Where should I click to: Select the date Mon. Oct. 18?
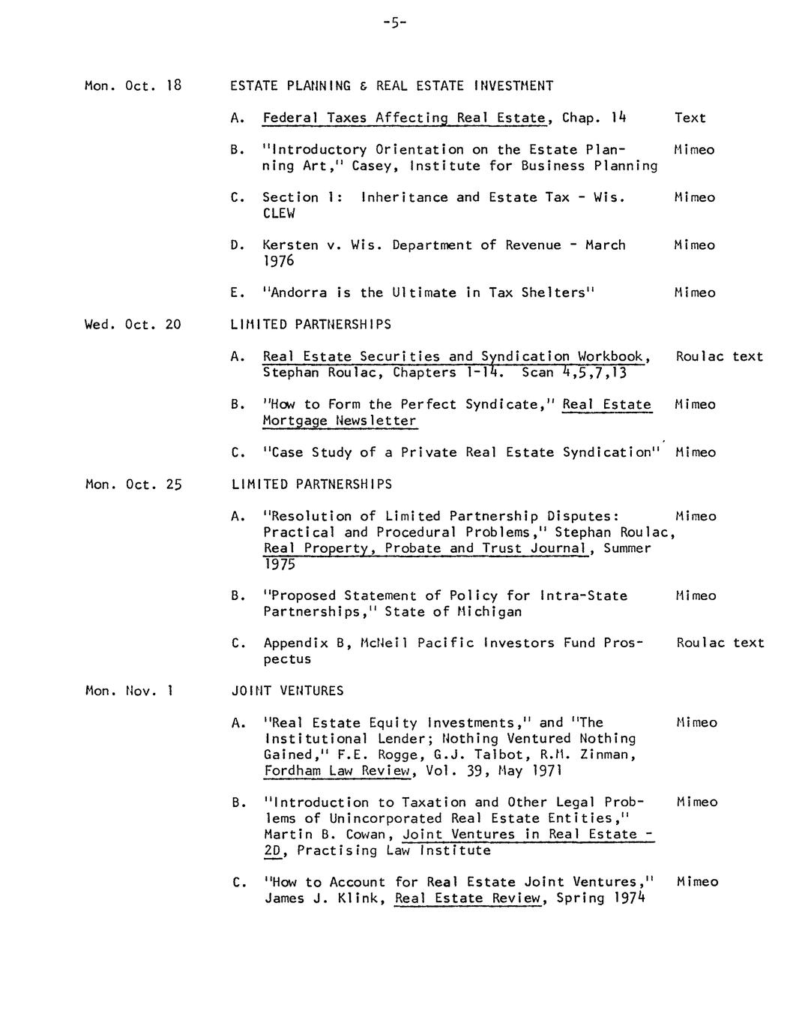[133, 85]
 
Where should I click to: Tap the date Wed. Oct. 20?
[133, 325]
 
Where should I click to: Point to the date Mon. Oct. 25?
[133, 484]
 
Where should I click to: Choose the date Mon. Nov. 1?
[129, 691]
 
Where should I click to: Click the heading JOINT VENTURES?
[287, 691]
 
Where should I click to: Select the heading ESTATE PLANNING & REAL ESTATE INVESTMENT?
[391, 85]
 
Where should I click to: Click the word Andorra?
[299, 292]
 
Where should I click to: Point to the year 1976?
[278, 261]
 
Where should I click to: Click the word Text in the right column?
[690, 118]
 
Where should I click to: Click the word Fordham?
[292, 771]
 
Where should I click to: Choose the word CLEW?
[278, 213]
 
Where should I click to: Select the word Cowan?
[370, 835]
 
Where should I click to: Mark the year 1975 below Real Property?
[279, 565]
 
